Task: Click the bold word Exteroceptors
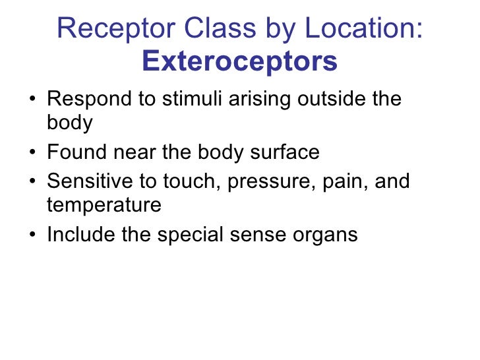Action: [x=239, y=62]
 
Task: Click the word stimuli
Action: [x=188, y=100]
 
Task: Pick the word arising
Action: [x=259, y=100]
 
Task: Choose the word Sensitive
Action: [x=90, y=180]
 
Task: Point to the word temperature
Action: [x=104, y=206]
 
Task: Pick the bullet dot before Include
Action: [x=32, y=234]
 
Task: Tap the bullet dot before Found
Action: [x=32, y=154]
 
